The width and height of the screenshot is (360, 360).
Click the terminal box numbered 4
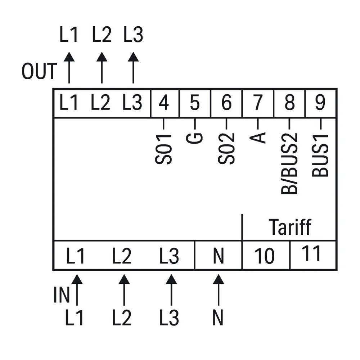click(x=165, y=103)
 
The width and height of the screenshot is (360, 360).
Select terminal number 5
click(x=195, y=103)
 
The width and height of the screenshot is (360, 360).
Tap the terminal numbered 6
click(x=226, y=103)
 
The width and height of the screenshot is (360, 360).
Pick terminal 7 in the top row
click(x=258, y=103)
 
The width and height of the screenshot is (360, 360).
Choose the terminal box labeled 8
click(x=289, y=103)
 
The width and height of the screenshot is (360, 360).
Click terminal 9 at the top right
click(x=321, y=103)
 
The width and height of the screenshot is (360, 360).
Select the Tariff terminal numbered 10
click(x=266, y=255)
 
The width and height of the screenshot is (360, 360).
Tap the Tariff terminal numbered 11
click(x=313, y=255)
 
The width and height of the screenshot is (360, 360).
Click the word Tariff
click(x=290, y=227)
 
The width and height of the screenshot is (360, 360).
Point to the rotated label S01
click(x=163, y=149)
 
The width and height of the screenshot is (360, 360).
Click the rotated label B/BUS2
click(x=289, y=163)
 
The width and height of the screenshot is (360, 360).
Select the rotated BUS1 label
click(x=320, y=156)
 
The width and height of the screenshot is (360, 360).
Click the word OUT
click(x=39, y=71)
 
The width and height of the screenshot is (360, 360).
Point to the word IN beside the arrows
click(x=62, y=294)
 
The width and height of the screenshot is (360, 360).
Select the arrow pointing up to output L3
click(x=133, y=68)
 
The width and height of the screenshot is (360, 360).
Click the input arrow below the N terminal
click(x=219, y=290)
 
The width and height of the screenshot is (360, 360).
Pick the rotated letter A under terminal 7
click(x=258, y=138)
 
